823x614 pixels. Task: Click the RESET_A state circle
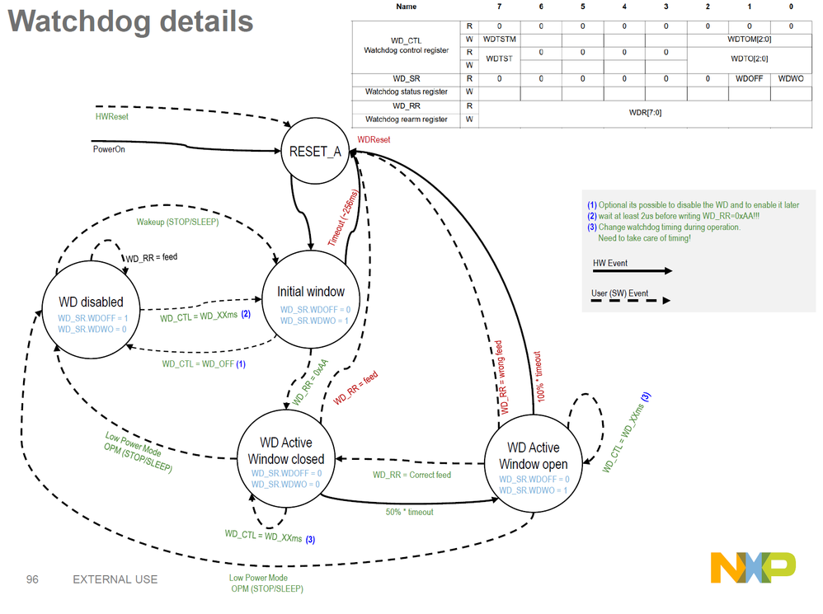315,151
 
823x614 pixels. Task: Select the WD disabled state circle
92,310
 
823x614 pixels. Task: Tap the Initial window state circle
311,299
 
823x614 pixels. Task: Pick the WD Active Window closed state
286,459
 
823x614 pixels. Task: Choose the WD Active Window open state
534,463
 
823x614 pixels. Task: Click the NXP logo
753,567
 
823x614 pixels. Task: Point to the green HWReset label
112,116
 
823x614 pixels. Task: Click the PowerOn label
109,149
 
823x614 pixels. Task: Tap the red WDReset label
374,139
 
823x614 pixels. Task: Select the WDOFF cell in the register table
749,78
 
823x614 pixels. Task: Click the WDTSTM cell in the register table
499,40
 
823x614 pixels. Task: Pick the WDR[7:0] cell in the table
645,113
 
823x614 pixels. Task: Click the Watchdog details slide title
130,21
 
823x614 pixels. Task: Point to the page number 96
32,579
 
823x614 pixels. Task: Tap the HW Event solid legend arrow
632,271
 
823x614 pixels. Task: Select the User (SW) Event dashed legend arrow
631,301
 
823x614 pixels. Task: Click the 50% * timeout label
409,513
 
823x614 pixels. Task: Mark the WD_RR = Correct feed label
412,475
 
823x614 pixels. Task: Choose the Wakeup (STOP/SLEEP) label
177,222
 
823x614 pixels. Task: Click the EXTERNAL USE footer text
115,579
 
